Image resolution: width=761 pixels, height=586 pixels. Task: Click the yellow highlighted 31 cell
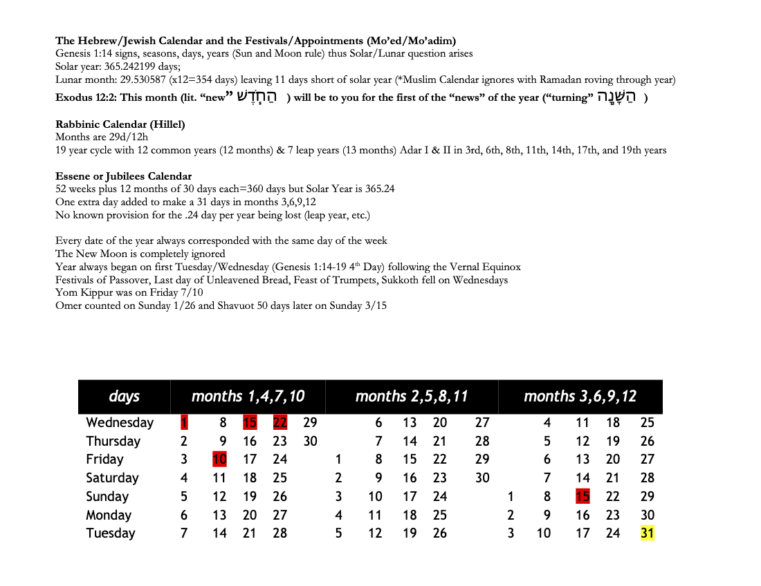tap(647, 533)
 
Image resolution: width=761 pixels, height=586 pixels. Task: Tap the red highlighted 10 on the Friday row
tap(219, 459)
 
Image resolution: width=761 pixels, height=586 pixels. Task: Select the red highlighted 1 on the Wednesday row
tap(183, 422)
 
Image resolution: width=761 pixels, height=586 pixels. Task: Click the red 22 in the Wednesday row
tap(280, 422)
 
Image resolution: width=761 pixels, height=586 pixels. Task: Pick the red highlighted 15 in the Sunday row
tap(583, 496)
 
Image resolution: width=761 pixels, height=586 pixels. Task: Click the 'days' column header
tap(124, 397)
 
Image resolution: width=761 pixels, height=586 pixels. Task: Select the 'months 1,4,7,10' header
tap(248, 397)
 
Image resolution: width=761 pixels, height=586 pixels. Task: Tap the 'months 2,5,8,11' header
tap(412, 397)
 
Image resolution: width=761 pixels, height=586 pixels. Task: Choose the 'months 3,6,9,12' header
tap(580, 397)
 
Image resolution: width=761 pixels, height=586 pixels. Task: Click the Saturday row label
tap(112, 478)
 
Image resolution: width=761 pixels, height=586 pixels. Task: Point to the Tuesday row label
tap(111, 533)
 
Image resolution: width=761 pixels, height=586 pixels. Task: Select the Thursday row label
tap(113, 441)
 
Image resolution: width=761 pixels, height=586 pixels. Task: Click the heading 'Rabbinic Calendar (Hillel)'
tap(120, 124)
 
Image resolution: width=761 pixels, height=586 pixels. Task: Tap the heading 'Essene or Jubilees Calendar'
tap(124, 176)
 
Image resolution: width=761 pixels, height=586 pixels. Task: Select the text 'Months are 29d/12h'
tap(97, 137)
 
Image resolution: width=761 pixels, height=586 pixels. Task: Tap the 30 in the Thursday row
tap(310, 441)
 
